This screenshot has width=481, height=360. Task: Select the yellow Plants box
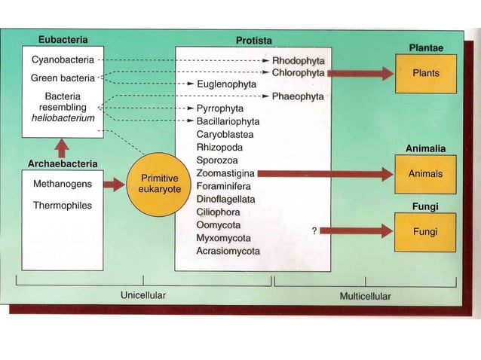coord(425,74)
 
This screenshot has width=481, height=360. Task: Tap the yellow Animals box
coord(425,173)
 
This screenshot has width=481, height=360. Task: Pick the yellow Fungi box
coord(425,232)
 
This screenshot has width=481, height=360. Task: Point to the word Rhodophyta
coord(298,59)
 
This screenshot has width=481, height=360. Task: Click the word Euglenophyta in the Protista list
coord(228,85)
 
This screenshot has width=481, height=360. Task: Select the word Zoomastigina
coord(225,172)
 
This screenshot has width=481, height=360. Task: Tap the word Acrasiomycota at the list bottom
coord(228,251)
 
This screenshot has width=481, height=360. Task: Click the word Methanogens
coord(63,184)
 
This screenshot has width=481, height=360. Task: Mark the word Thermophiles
coord(63,205)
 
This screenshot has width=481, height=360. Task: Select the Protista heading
coord(254,39)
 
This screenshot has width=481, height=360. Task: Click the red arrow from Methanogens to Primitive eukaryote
coord(112,185)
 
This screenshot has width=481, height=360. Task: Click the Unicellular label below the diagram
coord(143,296)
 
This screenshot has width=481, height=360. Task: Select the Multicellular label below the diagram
coord(365,296)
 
